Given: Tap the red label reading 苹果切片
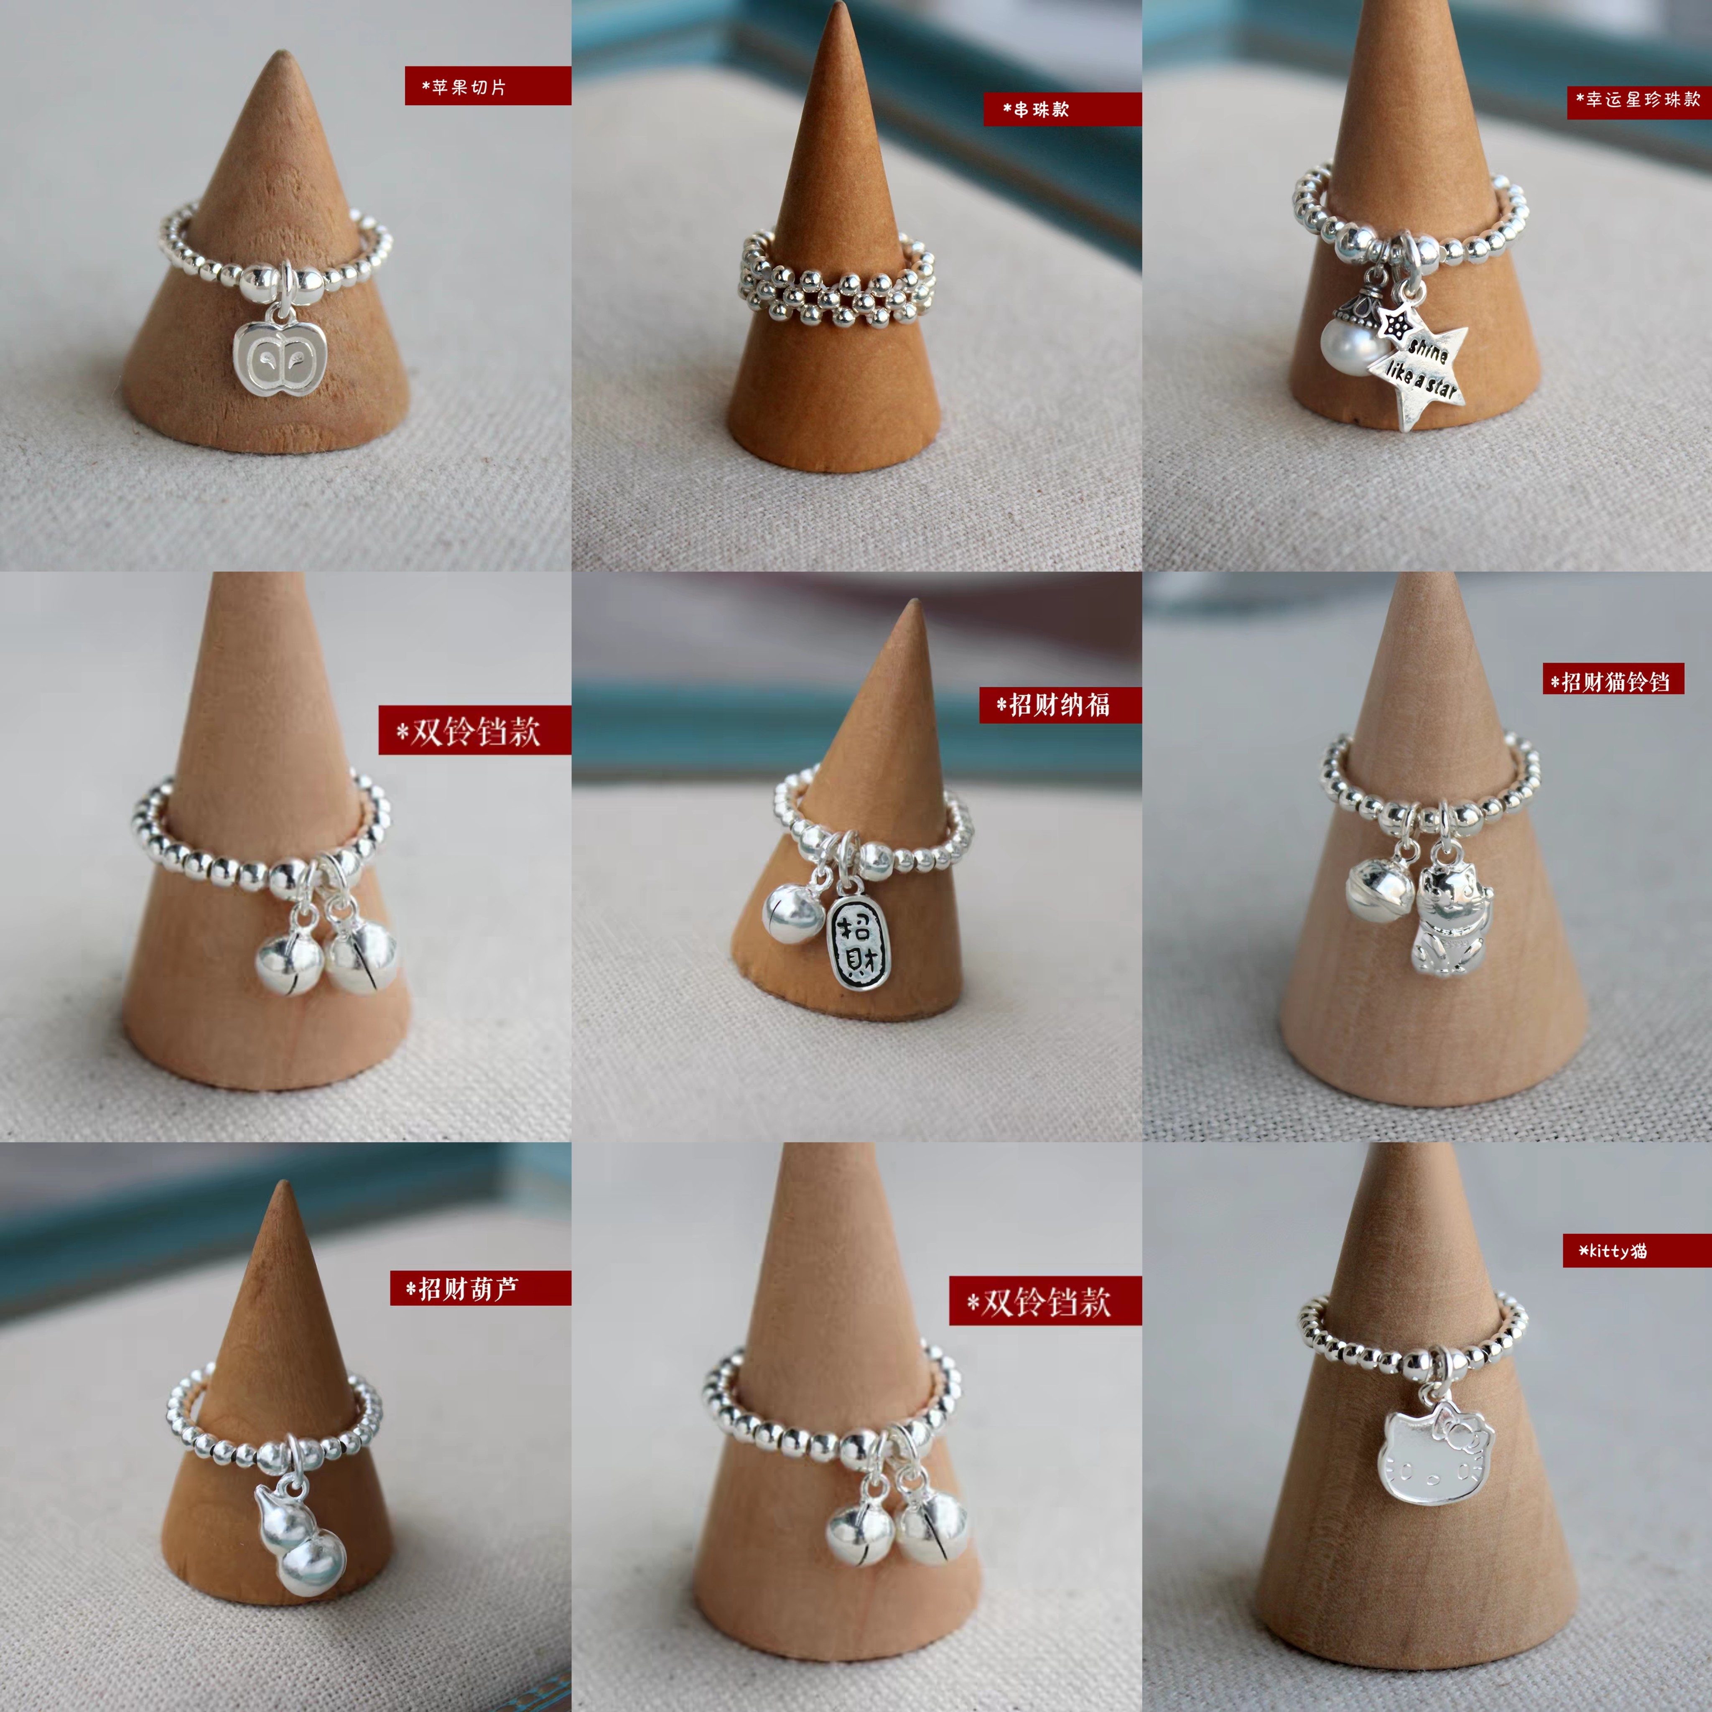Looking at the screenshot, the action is click(487, 86).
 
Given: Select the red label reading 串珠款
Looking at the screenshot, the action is click(1062, 109).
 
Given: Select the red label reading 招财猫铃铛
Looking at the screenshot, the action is click(1613, 680).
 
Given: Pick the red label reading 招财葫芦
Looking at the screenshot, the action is click(480, 1287).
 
